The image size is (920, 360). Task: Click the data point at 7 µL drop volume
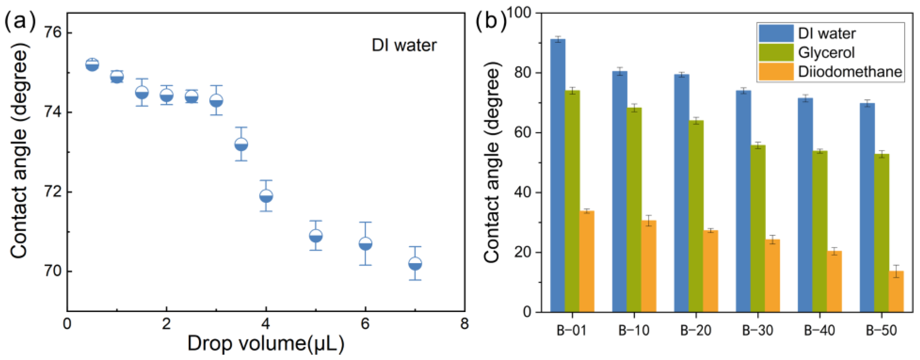(415, 263)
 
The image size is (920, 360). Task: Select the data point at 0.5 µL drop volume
(92, 65)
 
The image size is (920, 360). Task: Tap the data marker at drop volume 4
(266, 196)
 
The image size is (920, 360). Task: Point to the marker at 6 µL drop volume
(365, 244)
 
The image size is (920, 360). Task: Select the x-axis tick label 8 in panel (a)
(464, 324)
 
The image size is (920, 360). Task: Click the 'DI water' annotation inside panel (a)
(404, 45)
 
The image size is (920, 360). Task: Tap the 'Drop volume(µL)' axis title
(266, 344)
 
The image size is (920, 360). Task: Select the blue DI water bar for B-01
(557, 175)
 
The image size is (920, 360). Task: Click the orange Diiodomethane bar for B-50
(896, 291)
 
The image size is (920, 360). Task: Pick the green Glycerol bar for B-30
(758, 229)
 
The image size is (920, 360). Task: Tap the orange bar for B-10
(649, 266)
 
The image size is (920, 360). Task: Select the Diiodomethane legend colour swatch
(776, 72)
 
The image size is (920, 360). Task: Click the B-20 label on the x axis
(696, 331)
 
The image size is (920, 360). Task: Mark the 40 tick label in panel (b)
(523, 193)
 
